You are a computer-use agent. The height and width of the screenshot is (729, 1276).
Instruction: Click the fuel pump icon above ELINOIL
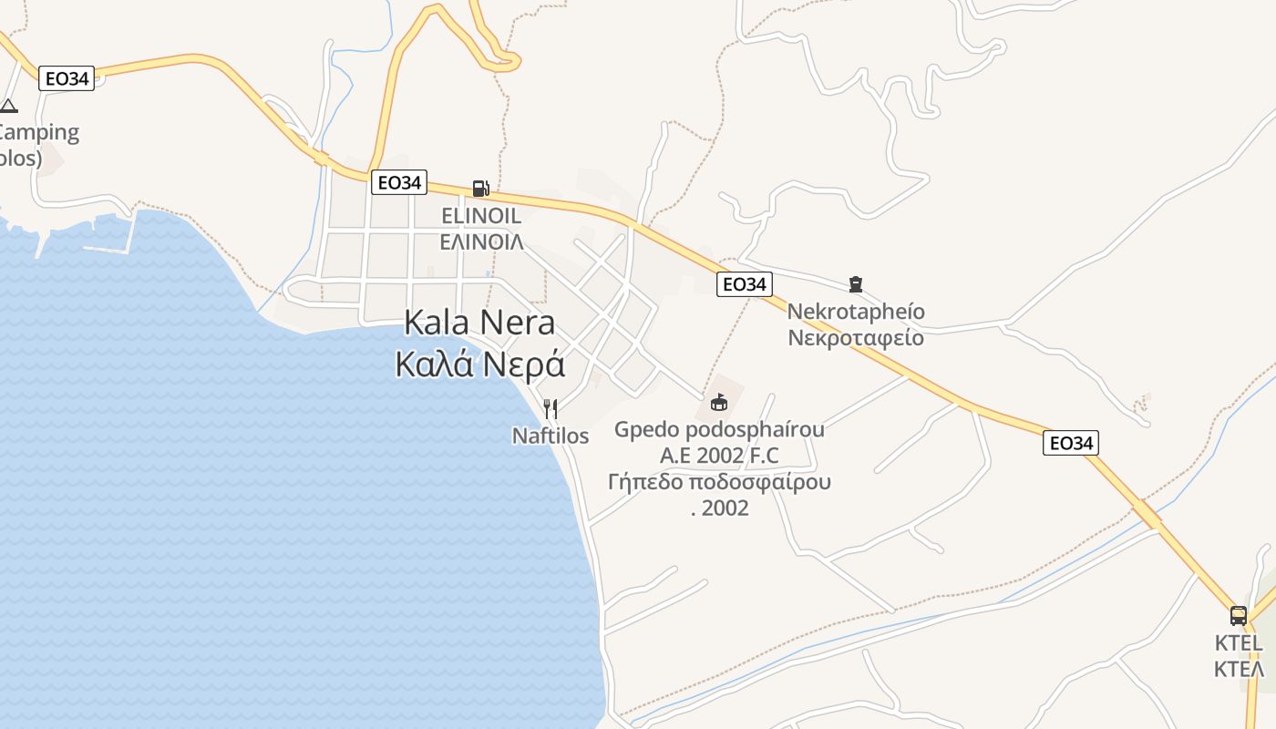pyautogui.click(x=480, y=189)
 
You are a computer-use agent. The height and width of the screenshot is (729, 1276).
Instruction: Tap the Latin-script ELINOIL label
pyautogui.click(x=480, y=216)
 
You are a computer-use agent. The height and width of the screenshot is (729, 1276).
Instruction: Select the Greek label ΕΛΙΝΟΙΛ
pyautogui.click(x=481, y=241)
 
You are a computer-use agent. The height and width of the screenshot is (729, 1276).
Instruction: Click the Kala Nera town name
pyautogui.click(x=478, y=323)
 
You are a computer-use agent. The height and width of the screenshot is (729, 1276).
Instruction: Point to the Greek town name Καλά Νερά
pyautogui.click(x=480, y=364)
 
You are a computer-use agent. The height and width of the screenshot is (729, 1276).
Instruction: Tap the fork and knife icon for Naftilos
pyautogui.click(x=551, y=409)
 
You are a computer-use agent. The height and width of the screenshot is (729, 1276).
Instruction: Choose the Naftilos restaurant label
pyautogui.click(x=551, y=436)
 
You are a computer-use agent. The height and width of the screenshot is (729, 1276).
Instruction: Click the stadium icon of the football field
pyautogui.click(x=719, y=402)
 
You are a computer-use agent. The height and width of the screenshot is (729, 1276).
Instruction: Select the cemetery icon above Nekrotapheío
pyautogui.click(x=855, y=284)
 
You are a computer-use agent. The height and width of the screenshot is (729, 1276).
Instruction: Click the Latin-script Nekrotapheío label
pyautogui.click(x=855, y=312)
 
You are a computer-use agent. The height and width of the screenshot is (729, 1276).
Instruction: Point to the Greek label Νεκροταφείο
pyautogui.click(x=855, y=338)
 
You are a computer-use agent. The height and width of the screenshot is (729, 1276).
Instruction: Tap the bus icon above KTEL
pyautogui.click(x=1238, y=616)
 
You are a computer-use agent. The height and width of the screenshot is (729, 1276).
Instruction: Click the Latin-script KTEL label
pyautogui.click(x=1239, y=643)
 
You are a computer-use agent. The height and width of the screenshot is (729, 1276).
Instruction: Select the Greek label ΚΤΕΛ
pyautogui.click(x=1239, y=669)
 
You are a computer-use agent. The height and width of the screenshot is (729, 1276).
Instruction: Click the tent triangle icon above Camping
pyautogui.click(x=8, y=106)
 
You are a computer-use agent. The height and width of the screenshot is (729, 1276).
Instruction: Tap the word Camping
pyautogui.click(x=38, y=132)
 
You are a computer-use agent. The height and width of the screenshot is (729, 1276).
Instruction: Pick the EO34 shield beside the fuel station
pyautogui.click(x=399, y=182)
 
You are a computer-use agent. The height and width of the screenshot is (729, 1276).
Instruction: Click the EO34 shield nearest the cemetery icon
pyautogui.click(x=745, y=284)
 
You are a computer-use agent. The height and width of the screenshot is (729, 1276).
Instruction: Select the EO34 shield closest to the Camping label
pyautogui.click(x=67, y=78)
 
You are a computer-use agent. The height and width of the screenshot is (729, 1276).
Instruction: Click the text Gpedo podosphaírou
pyautogui.click(x=719, y=429)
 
